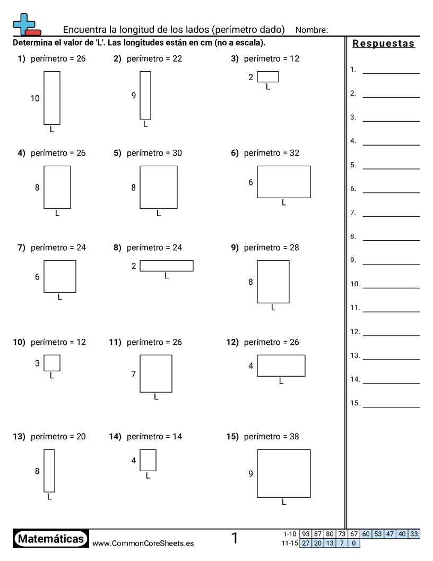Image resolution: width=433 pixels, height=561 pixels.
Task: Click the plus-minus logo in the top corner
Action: tap(25, 24)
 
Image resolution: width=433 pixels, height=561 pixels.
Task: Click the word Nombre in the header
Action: tap(311, 30)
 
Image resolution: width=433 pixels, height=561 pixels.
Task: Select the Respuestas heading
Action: tap(384, 44)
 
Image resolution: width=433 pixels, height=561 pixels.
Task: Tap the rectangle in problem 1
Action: tap(52, 98)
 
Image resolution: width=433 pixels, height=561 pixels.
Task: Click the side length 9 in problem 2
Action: tap(134, 96)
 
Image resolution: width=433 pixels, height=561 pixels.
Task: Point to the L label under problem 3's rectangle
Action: tap(268, 87)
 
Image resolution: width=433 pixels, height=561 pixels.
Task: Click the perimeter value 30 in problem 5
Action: tap(177, 153)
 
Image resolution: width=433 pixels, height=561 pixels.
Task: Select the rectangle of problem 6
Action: tap(284, 182)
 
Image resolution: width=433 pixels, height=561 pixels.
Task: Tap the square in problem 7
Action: tap(60, 276)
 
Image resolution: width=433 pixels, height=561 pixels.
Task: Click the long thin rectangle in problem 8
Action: tap(167, 266)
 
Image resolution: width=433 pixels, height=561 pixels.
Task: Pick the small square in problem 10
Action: tap(52, 363)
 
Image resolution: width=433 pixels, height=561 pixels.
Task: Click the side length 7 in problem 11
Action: tap(134, 374)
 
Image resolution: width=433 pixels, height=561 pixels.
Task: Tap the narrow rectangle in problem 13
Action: tap(49, 471)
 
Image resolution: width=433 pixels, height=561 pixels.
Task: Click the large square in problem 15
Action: tap(284, 473)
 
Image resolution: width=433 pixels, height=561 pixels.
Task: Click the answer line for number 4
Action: tap(391, 144)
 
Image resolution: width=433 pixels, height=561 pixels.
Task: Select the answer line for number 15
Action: tap(391, 406)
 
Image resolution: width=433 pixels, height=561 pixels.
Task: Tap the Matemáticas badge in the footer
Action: tap(51, 539)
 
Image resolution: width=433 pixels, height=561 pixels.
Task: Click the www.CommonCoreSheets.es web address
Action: tap(143, 543)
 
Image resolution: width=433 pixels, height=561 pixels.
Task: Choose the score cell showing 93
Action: tap(306, 534)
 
